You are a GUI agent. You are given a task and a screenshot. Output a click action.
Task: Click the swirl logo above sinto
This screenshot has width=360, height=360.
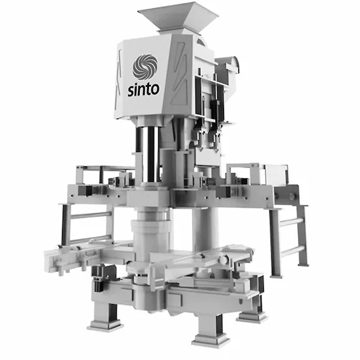[x=145, y=67]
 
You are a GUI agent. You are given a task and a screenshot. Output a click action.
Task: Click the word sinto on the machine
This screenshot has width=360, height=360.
[x=143, y=89]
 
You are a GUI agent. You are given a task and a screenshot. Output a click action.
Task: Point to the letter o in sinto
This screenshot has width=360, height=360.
[x=155, y=89]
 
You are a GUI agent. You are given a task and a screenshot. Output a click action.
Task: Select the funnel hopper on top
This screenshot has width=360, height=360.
[x=178, y=19]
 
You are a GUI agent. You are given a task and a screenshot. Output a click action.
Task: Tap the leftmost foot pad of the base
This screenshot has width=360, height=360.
[x=105, y=326]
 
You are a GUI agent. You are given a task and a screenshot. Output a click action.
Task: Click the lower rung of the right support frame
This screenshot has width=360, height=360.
[x=292, y=251]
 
